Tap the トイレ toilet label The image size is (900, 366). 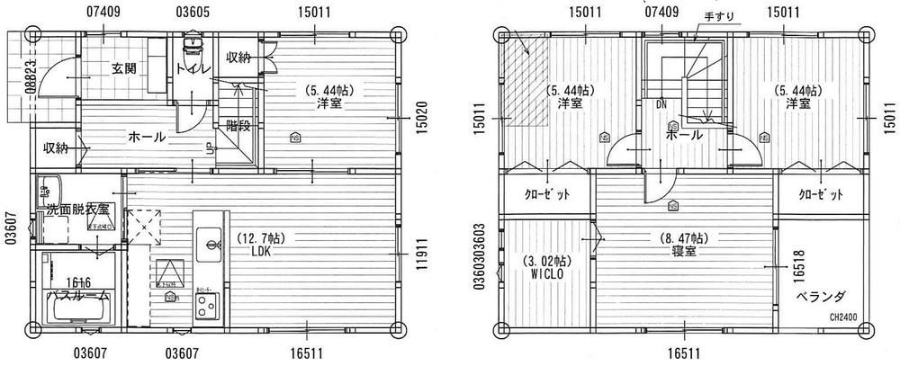(x=193, y=69)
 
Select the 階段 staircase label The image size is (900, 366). (x=238, y=126)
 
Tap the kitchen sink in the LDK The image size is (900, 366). (x=212, y=243)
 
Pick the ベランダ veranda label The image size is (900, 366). (x=820, y=296)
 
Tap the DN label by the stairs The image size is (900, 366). (x=661, y=104)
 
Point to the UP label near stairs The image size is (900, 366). (x=210, y=147)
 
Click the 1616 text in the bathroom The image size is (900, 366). (x=77, y=282)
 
